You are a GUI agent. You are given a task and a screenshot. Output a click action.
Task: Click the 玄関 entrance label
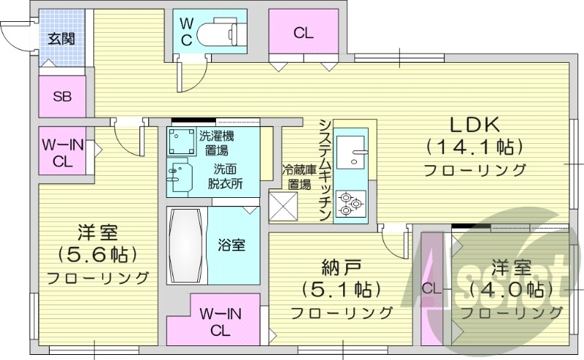61,39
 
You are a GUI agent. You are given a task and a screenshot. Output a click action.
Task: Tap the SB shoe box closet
61,97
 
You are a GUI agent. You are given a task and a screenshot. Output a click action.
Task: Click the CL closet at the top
304,32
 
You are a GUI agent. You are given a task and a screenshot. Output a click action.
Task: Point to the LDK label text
474,123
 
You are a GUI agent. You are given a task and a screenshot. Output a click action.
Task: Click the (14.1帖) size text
474,147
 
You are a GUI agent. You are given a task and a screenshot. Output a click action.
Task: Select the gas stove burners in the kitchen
353,201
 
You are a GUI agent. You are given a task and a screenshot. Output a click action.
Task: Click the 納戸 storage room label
341,266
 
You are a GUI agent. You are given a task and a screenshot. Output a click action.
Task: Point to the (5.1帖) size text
341,289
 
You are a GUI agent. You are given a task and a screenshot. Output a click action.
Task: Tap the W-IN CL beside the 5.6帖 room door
63,152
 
